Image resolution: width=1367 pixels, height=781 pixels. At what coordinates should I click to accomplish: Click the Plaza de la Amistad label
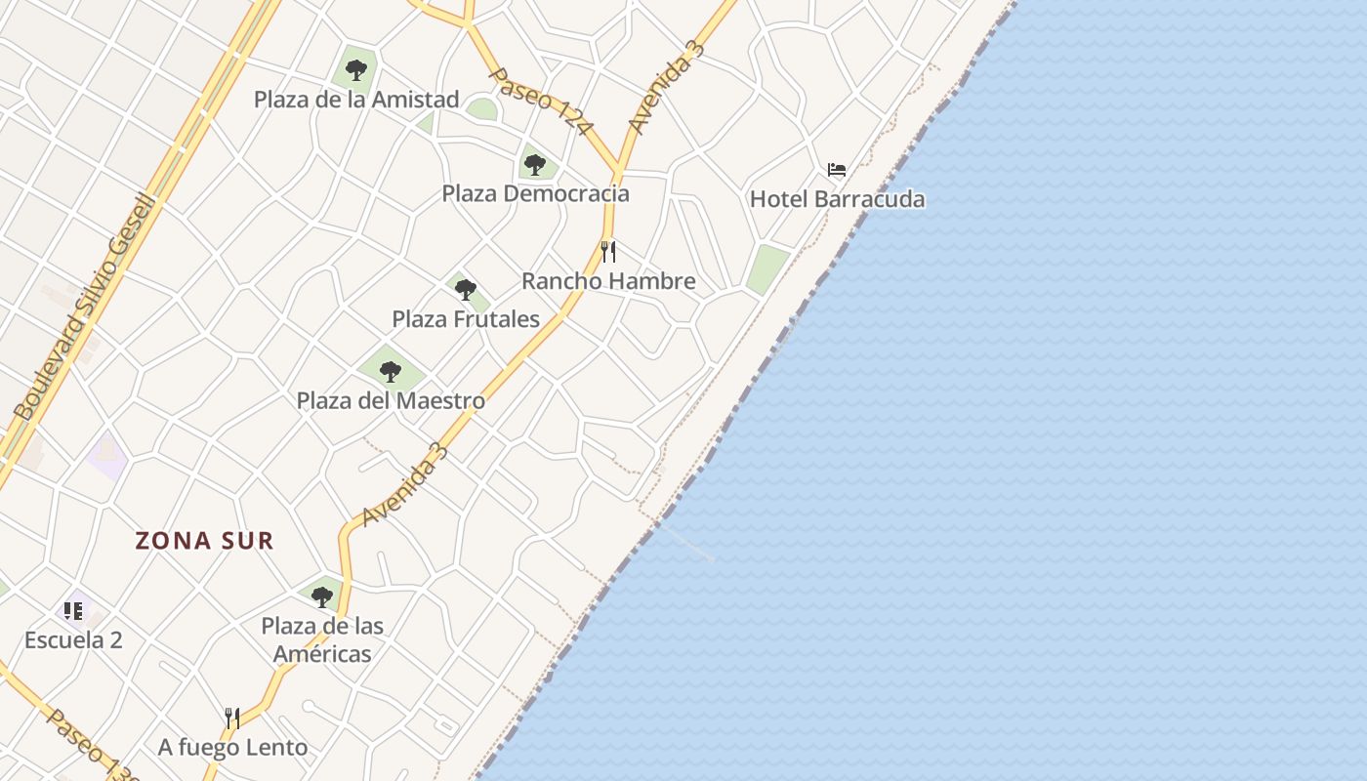(355, 100)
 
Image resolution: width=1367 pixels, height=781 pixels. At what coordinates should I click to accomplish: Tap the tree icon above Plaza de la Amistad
(356, 70)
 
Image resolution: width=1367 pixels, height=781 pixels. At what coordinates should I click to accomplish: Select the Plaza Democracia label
(535, 193)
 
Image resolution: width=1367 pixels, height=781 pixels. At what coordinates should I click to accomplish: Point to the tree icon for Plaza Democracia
(534, 164)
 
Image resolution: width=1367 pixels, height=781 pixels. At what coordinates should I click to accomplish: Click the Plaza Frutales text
(466, 319)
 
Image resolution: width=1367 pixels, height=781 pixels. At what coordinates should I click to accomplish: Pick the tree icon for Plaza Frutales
(466, 290)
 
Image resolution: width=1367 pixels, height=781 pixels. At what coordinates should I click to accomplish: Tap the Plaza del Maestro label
(391, 400)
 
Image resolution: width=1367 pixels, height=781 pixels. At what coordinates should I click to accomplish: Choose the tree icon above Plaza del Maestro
(391, 371)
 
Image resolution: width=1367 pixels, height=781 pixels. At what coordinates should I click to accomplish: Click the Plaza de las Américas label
(322, 639)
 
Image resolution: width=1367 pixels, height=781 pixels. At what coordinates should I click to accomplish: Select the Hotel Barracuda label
(837, 199)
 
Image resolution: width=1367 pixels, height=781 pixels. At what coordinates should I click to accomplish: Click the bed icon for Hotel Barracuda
(837, 170)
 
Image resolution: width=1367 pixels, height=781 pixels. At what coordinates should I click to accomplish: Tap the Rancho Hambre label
(608, 281)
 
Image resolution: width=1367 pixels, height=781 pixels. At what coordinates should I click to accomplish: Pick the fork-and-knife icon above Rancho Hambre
(608, 252)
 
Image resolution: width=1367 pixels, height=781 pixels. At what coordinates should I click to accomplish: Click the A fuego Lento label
(232, 748)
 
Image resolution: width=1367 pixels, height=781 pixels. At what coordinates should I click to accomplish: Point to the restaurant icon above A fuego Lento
(232, 719)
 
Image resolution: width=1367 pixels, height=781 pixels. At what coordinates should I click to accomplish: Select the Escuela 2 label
(73, 640)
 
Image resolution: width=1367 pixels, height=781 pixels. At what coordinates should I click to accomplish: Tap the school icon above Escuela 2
(73, 611)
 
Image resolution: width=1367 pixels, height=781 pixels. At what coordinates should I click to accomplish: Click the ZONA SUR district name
(204, 541)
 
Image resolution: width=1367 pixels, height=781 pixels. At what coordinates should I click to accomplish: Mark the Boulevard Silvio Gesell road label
(86, 308)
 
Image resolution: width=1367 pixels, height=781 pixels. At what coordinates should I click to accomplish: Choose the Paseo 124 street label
(540, 102)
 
